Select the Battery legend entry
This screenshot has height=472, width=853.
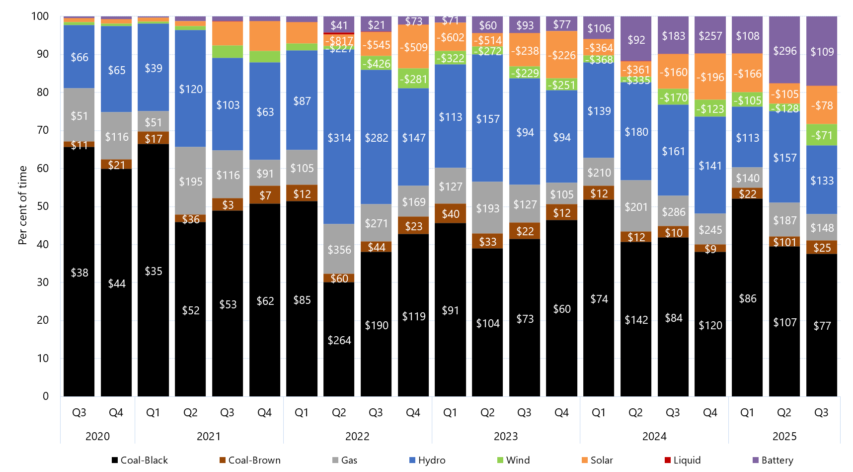pyautogui.click(x=773, y=460)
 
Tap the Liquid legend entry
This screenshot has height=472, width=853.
pyautogui.click(x=683, y=460)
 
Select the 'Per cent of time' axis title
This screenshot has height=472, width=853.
pyautogui.click(x=22, y=205)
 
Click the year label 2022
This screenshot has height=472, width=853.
pyautogui.click(x=357, y=436)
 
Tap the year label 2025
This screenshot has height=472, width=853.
pyautogui.click(x=784, y=436)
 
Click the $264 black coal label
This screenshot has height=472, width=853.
pyautogui.click(x=339, y=340)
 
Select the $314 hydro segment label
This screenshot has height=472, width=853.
pyautogui.click(x=339, y=138)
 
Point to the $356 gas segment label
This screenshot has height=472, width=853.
pyautogui.click(x=339, y=250)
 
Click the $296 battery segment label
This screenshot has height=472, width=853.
pyautogui.click(x=785, y=51)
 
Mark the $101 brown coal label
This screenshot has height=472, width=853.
pyautogui.click(x=785, y=242)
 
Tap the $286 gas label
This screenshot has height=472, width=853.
pyautogui.click(x=674, y=212)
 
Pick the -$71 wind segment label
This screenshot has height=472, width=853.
pyautogui.click(x=822, y=135)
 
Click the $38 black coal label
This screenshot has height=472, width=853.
pyautogui.click(x=79, y=273)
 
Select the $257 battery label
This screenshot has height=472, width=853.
pyautogui.click(x=710, y=36)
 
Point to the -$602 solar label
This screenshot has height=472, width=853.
pyautogui.click(x=451, y=37)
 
